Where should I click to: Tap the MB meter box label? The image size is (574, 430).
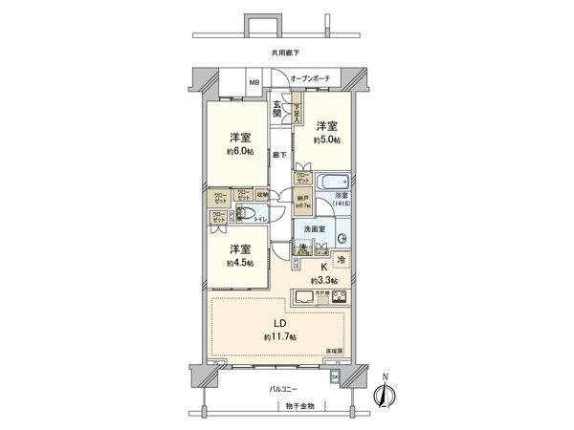[254, 83]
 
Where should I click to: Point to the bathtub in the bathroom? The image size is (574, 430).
[332, 182]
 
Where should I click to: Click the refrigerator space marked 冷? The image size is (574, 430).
[342, 258]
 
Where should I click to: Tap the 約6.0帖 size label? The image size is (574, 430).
[240, 151]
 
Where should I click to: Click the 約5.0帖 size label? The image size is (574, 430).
[328, 140]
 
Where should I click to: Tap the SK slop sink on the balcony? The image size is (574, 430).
[335, 376]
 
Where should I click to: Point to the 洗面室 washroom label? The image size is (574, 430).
[315, 228]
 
